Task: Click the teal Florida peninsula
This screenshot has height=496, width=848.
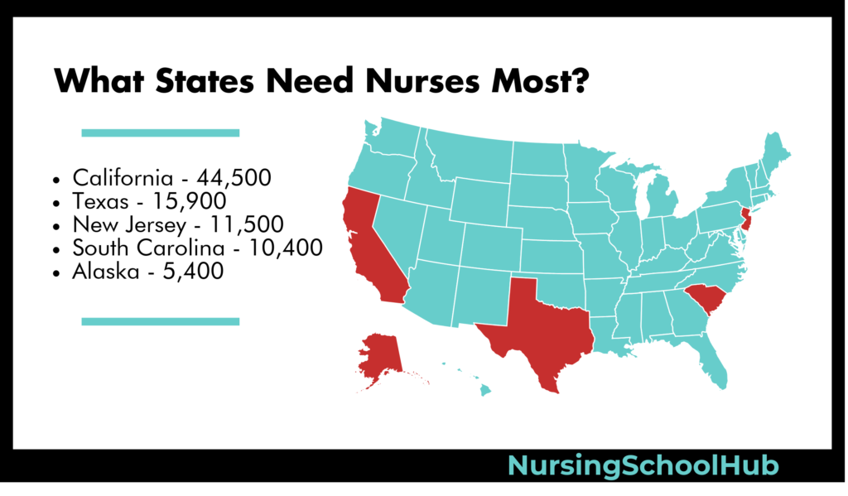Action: pyautogui.click(x=714, y=364)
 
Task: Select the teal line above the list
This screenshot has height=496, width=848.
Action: pyautogui.click(x=160, y=132)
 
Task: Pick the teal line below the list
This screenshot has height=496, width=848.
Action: pyautogui.click(x=160, y=321)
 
